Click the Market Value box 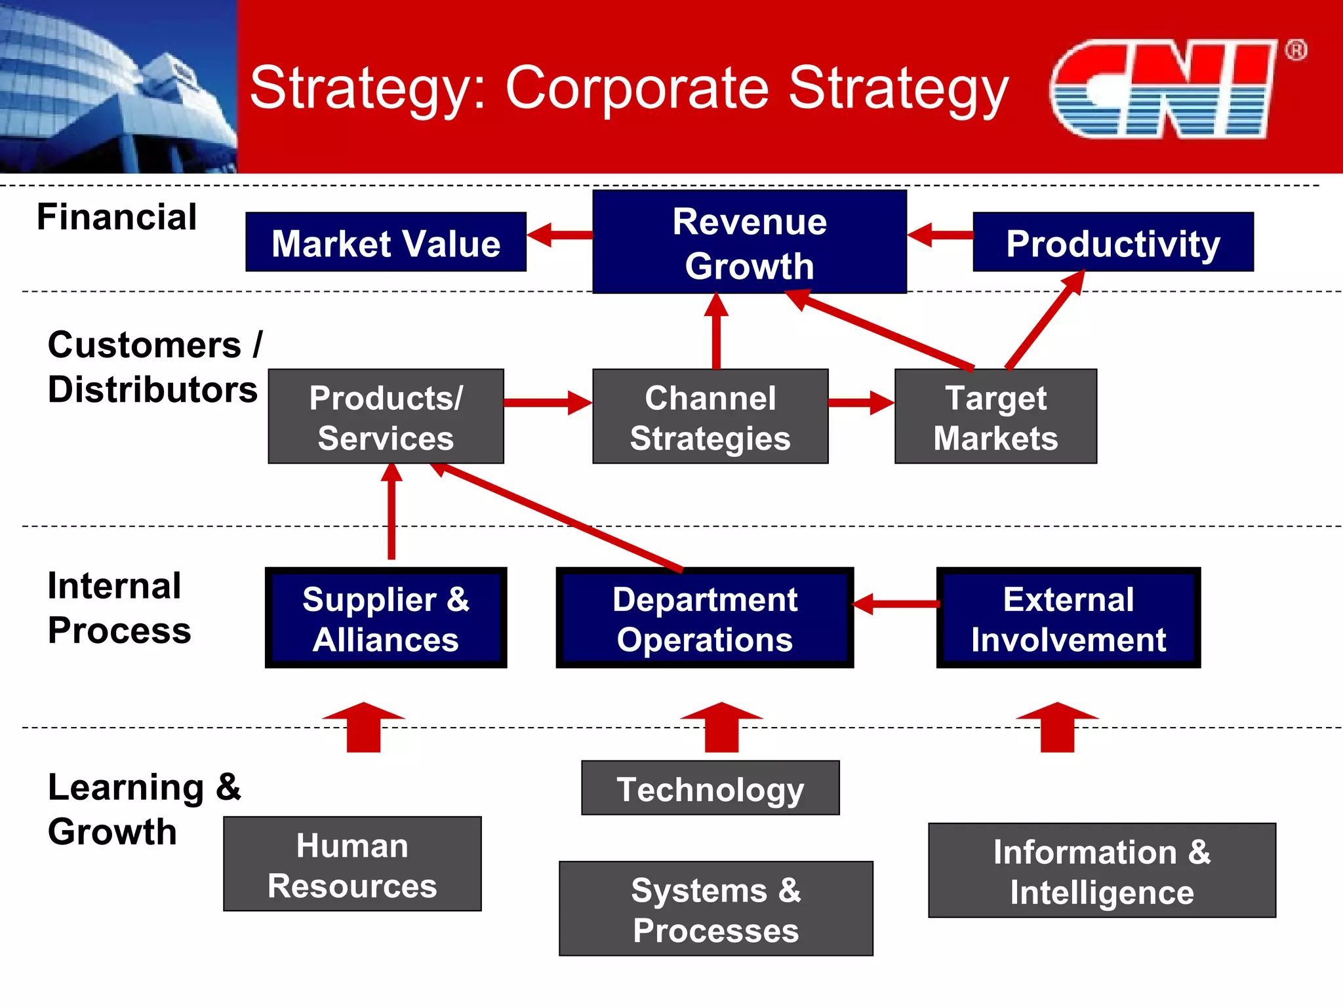pos(386,242)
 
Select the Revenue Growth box pos(749,242)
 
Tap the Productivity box pos(1113,242)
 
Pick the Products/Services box pos(386,416)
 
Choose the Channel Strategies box pos(710,416)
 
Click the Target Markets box pos(995,416)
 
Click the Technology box pos(710,788)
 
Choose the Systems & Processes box pos(715,909)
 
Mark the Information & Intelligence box pos(1102,870)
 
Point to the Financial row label pos(117,217)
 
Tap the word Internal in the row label pos(114,585)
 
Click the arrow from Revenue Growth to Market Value pos(559,235)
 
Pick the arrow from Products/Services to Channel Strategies pos(548,402)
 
